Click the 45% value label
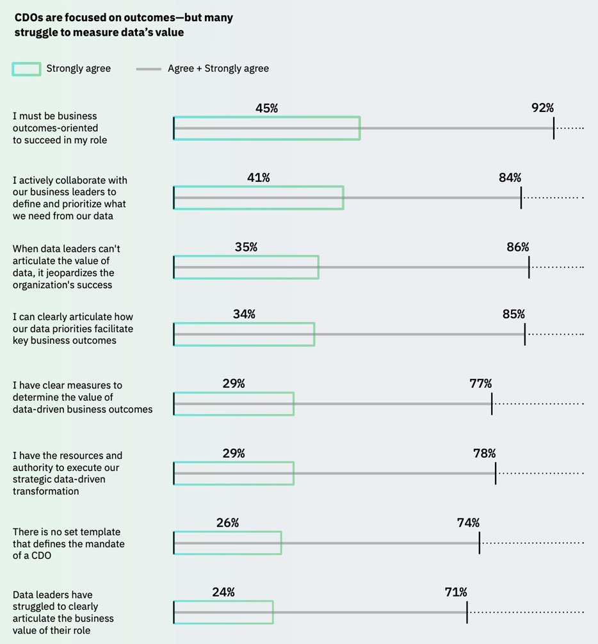tap(266, 108)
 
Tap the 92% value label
tap(542, 108)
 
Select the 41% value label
tap(259, 177)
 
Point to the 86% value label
tap(518, 247)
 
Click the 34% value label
tap(245, 314)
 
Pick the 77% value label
tap(481, 383)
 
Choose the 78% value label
tap(485, 453)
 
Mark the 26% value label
tap(227, 522)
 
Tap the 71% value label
tap(456, 592)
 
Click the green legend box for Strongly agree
tap(26, 68)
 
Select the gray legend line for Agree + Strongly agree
tap(149, 68)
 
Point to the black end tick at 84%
tap(521, 197)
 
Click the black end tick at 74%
tap(480, 542)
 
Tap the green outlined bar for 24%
tap(223, 612)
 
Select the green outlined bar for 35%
tap(246, 268)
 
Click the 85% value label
tap(513, 314)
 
